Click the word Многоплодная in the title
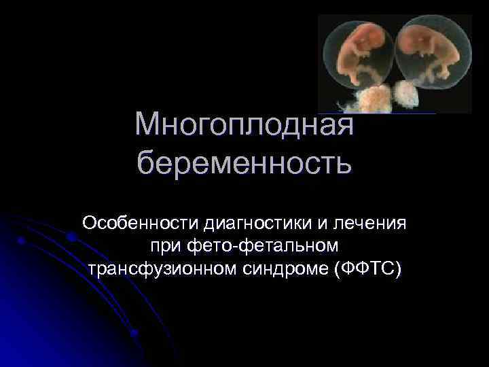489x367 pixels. (x=244, y=124)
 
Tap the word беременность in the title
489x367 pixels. (x=244, y=164)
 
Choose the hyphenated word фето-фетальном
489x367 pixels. (x=266, y=245)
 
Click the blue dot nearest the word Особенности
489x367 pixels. (x=71, y=237)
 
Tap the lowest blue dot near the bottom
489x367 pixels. (x=134, y=333)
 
